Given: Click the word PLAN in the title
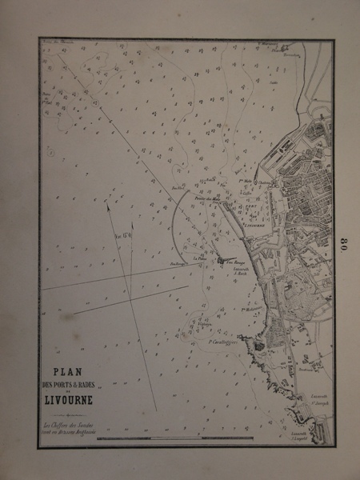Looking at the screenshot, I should coord(70,371).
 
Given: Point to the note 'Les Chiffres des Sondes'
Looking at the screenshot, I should coord(70,424).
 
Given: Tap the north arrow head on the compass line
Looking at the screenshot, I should coord(108,205).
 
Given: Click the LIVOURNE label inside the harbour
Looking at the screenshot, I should coord(252,226).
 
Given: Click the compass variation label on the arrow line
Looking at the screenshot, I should coord(122,237).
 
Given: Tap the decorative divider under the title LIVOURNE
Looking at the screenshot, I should coord(70,411).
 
